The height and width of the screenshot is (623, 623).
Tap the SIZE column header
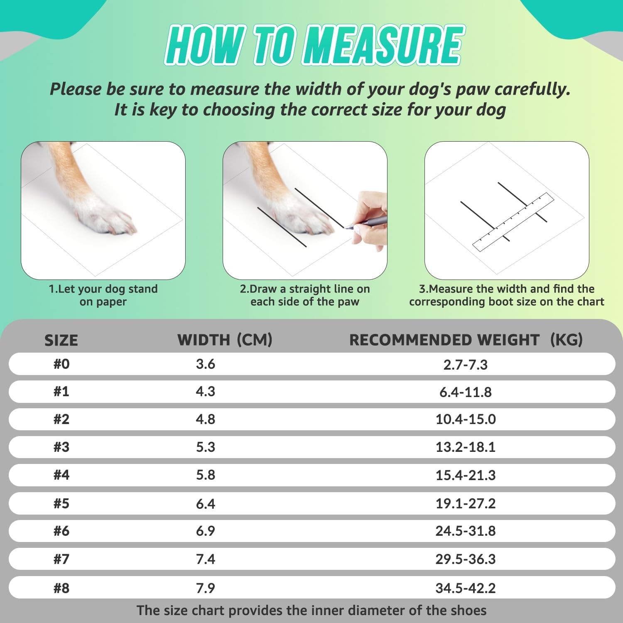pos(61,341)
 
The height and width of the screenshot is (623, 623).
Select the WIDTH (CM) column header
pos(225,340)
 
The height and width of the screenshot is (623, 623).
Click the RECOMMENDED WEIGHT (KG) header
pos(466,340)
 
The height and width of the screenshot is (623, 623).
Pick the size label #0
pos(61,364)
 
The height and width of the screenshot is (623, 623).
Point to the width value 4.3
pos(206,392)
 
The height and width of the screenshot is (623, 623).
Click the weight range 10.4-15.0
pos(466,419)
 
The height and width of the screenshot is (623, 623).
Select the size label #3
pos(61,447)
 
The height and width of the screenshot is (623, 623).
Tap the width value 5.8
pos(206,475)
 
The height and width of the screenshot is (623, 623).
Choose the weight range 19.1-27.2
pos(466,504)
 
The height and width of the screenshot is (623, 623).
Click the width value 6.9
pos(206,531)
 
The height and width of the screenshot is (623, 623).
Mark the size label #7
pos(61,559)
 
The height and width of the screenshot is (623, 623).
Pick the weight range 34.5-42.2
pos(466,588)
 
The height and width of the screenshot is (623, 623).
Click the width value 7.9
pos(206,588)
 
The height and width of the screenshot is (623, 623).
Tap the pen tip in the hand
pos(346,227)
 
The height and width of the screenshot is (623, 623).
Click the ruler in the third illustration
pos(514,222)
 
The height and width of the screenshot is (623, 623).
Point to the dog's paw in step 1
pos(112,216)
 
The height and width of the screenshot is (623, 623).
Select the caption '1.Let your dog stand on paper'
pos(103,295)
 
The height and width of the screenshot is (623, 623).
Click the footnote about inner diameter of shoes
pos(311,611)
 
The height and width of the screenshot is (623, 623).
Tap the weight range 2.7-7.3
pos(466,365)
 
